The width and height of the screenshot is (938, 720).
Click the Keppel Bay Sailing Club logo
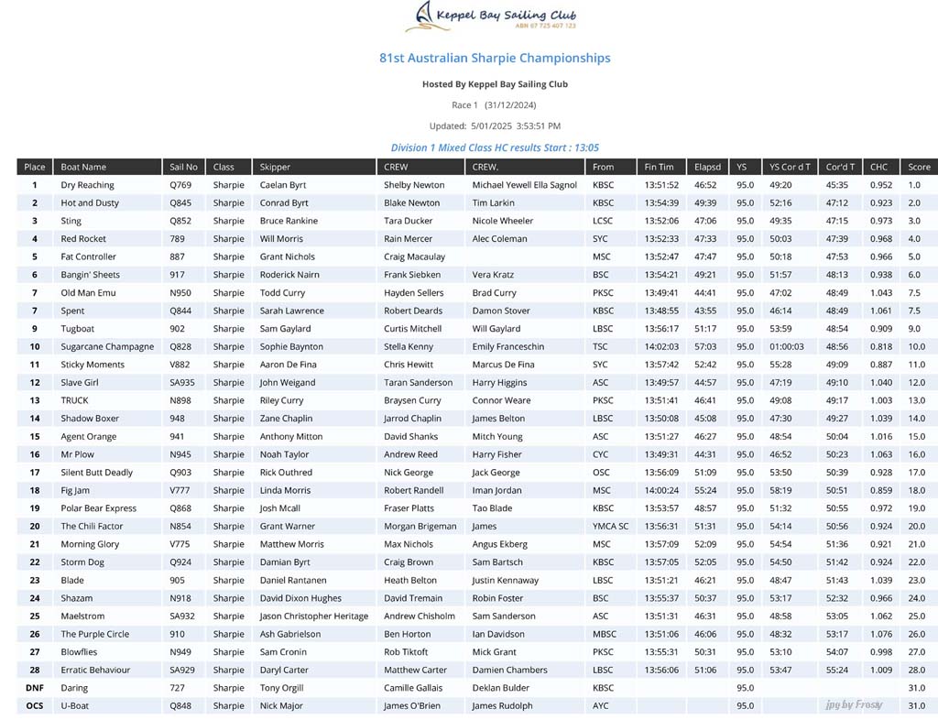tap(495, 17)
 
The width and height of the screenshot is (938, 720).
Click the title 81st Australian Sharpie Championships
tap(495, 58)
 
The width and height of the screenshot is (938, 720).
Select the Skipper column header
tap(275, 167)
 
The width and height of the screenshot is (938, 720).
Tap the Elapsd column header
tap(707, 167)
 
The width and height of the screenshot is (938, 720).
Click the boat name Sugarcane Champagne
tap(107, 347)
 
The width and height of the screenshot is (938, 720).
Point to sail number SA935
tap(182, 383)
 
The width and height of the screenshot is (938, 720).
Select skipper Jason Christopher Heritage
tap(313, 616)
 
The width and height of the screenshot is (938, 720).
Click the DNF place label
tap(35, 688)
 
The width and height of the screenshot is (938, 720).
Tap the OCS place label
tap(35, 706)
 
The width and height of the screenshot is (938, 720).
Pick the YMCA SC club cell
tap(610, 527)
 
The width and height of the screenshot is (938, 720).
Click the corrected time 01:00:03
tap(789, 347)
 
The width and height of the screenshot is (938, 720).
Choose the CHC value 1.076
tap(880, 634)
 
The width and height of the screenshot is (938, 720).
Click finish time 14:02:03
tap(660, 347)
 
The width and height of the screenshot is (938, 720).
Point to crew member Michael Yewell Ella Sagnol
tap(524, 185)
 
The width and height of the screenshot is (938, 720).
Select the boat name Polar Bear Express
tap(98, 508)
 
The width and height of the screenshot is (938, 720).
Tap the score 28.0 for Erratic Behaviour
tap(915, 671)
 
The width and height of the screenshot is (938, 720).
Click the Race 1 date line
tap(495, 105)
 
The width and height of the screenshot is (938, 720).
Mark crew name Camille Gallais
tap(412, 688)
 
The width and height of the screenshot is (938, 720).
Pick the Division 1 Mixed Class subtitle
tap(495, 147)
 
